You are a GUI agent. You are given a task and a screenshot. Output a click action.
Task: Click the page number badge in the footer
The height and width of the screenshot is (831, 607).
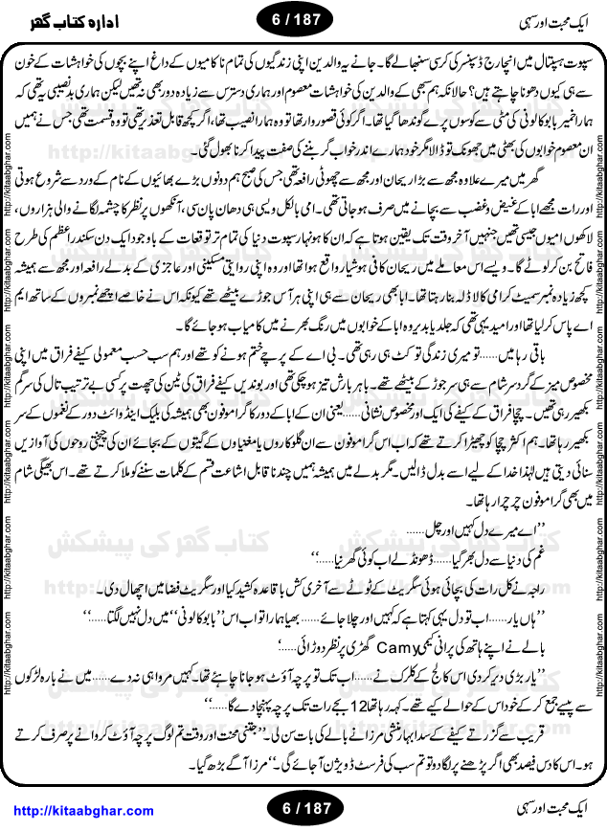(303, 810)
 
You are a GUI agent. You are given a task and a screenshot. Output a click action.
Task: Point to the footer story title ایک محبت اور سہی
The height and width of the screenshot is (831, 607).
(542, 810)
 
